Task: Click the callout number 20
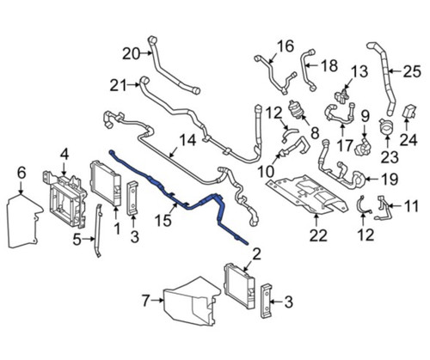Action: point(130,54)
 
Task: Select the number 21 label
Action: point(118,84)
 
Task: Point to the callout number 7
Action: point(147,300)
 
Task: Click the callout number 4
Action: point(62,155)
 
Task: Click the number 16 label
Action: point(284,45)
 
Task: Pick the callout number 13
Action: point(359,70)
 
